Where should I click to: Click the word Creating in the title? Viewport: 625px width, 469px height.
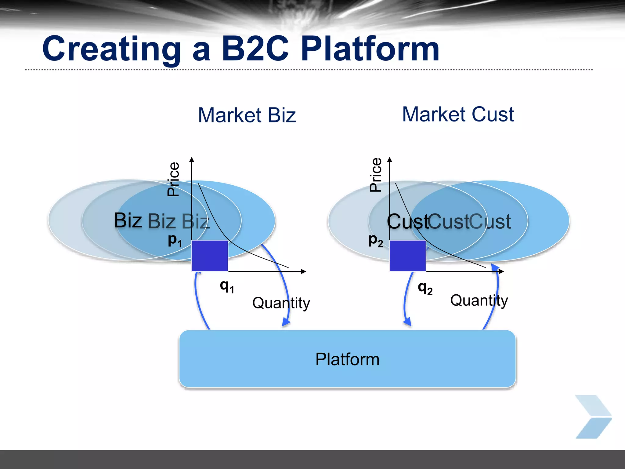pyautogui.click(x=111, y=49)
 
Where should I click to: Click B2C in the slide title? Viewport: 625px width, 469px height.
pyautogui.click(x=255, y=49)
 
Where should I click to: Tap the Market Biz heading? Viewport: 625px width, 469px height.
pyautogui.click(x=247, y=115)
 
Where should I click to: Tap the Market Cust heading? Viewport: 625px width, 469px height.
pyautogui.click(x=458, y=114)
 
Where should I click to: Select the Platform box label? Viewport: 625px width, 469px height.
pyautogui.click(x=347, y=359)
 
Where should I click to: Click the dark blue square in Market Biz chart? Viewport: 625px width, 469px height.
pyautogui.click(x=210, y=256)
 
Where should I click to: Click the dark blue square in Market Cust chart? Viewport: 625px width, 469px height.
pyautogui.click(x=408, y=256)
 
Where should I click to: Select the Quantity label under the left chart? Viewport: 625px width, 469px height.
pyautogui.click(x=281, y=303)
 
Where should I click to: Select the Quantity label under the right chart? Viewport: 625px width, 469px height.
pyautogui.click(x=479, y=300)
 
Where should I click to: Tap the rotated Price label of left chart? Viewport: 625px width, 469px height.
pyautogui.click(x=173, y=179)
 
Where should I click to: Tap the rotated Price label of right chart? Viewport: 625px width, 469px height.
pyautogui.click(x=375, y=175)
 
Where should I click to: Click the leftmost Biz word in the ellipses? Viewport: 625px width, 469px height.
pyautogui.click(x=128, y=220)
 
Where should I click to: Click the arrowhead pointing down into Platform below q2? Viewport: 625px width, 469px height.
pyautogui.click(x=407, y=322)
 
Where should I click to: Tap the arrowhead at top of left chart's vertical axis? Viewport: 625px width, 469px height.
pyautogui.click(x=192, y=159)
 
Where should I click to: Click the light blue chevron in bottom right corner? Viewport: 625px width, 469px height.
pyautogui.click(x=593, y=416)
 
